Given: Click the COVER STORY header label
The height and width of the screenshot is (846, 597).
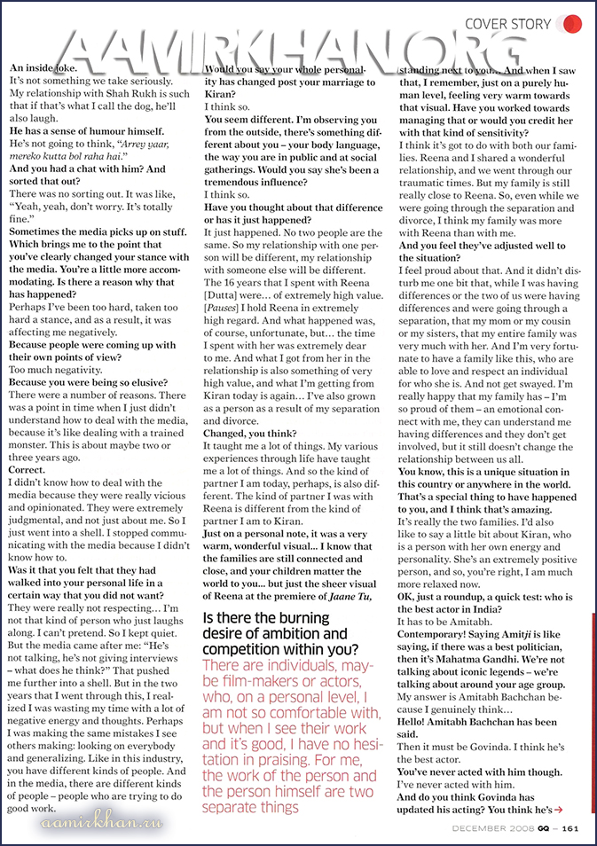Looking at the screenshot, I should click(508, 24).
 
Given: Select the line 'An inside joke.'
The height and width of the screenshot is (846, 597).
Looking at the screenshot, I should click(43, 68).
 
